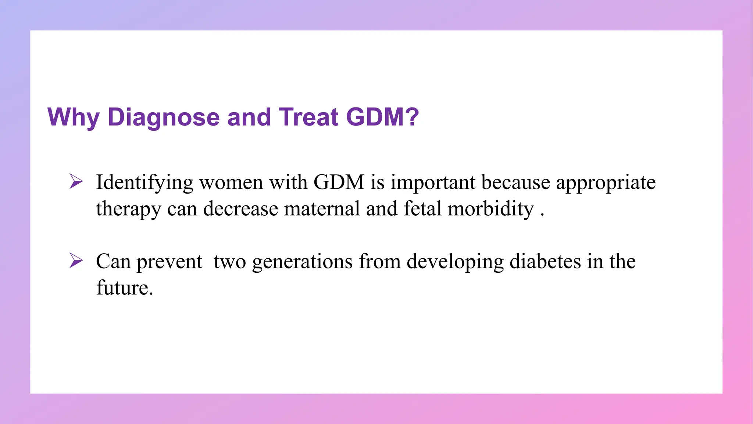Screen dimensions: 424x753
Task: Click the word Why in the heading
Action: pos(74,117)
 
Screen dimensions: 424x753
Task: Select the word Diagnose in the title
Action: pos(164,117)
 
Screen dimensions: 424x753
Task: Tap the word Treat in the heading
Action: pos(309,117)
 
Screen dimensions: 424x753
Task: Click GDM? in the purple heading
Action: pos(382,117)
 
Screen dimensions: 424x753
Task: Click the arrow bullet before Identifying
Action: pos(76,182)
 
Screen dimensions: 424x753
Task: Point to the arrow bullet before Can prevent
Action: pos(76,261)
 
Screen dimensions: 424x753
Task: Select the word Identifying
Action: pos(144,183)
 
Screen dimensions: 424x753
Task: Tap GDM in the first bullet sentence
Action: pos(339,183)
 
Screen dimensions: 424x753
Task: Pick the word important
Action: pos(433,183)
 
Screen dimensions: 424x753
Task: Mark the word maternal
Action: pos(322,209)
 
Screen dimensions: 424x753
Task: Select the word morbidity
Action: pos(490,209)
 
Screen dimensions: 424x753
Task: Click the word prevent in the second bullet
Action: pos(169,262)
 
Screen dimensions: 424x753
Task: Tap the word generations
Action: pos(302,262)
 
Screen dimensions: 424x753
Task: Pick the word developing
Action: pos(455,262)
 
